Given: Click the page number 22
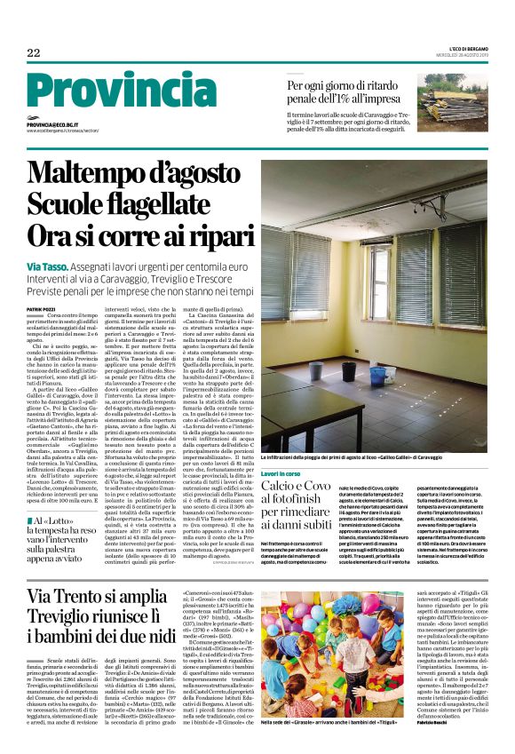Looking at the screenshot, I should click(34, 53).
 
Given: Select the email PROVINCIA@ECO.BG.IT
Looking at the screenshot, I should click(52, 125).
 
